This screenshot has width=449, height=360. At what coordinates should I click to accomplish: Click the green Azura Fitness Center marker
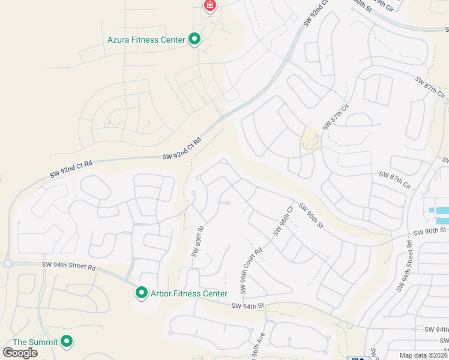tap(194, 40)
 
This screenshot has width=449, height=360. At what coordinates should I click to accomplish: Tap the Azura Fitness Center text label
tap(146, 40)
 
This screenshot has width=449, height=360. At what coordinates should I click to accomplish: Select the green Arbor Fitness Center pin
tap(142, 293)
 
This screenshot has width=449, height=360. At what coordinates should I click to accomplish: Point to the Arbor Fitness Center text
tap(188, 293)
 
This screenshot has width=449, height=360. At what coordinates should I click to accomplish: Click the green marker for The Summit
tap(67, 341)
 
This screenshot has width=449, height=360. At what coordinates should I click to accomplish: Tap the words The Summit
tap(35, 342)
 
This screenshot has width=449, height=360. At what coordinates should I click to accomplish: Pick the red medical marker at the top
tap(209, 6)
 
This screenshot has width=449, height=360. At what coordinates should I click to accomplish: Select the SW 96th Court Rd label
tap(252, 271)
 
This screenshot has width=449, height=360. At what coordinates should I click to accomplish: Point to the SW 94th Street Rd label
tap(69, 266)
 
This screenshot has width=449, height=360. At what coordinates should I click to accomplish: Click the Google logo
tap(20, 353)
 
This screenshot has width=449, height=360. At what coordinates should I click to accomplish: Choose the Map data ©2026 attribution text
tap(423, 355)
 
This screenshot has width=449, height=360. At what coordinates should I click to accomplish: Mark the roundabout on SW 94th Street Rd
tap(8, 263)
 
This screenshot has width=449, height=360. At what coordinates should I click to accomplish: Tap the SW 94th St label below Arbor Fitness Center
tap(249, 306)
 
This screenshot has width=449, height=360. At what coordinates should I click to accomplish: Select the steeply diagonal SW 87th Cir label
tap(336, 116)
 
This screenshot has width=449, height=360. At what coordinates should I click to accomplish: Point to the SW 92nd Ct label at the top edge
tap(316, 12)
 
